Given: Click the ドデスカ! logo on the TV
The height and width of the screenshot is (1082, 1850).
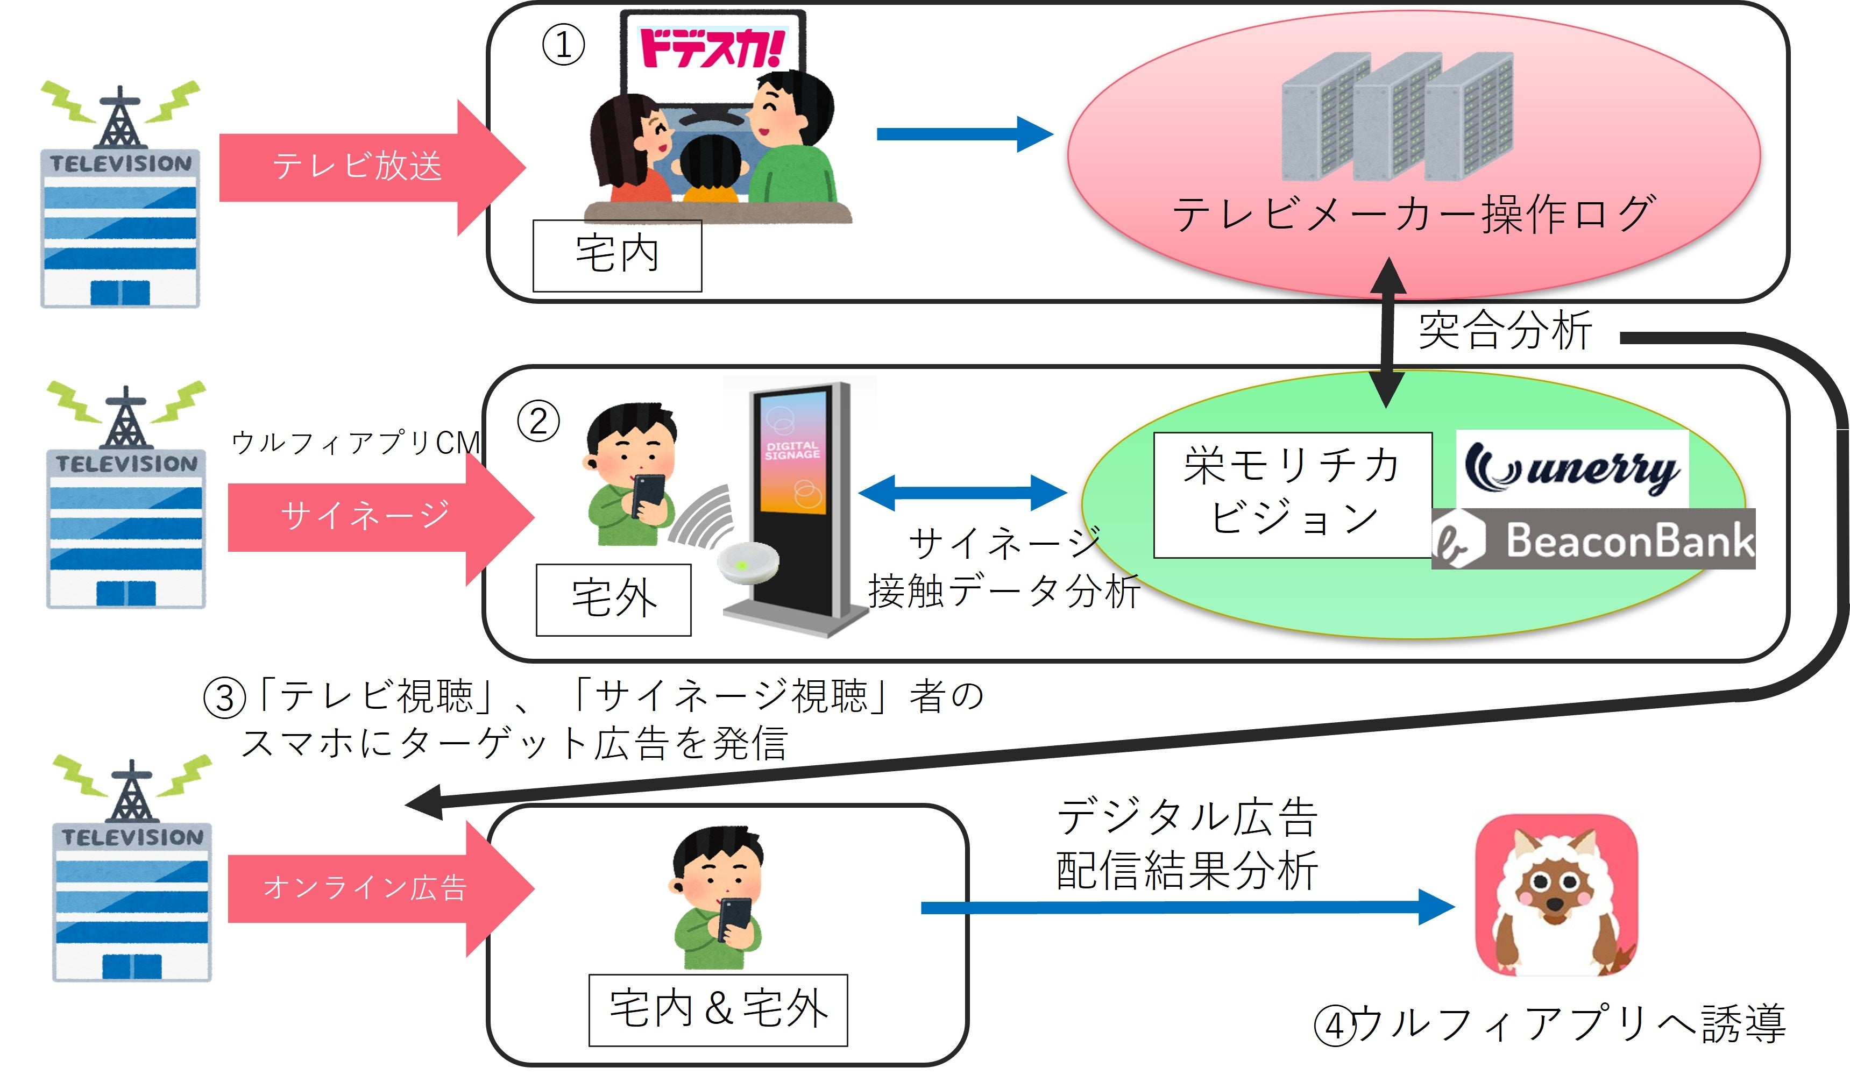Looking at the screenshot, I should pos(711,48).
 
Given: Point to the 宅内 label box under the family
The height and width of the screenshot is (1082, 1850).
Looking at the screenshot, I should pos(616,255).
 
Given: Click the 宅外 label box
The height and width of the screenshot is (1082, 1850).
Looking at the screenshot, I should pos(613,599).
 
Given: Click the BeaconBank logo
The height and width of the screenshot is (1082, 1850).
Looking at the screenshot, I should pos(1593,539).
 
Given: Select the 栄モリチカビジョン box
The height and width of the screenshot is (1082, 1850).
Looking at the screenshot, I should pos(1292,494).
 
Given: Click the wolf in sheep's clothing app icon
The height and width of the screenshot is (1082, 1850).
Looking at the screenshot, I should pos(1556,895).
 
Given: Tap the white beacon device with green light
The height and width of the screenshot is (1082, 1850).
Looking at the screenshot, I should pos(747,564).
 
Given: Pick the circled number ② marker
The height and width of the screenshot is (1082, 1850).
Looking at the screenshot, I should pos(538,422).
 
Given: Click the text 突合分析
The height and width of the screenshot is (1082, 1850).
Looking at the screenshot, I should pos(1505,332).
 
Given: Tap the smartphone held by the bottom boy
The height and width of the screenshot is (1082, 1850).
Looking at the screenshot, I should pos(735,919).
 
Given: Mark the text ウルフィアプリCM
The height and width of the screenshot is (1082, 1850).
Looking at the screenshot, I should pos(356,443).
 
